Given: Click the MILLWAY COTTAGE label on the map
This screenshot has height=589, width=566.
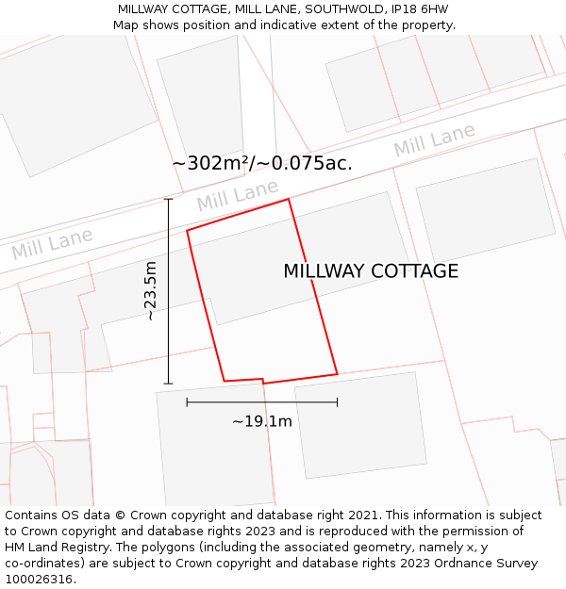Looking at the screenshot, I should [371, 271].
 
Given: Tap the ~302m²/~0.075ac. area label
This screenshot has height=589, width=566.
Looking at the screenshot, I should [262, 163].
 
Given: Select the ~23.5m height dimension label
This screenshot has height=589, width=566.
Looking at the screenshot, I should [151, 291].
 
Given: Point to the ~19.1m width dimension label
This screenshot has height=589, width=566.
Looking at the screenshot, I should [262, 421].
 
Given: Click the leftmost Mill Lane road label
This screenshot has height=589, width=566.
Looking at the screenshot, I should [52, 244].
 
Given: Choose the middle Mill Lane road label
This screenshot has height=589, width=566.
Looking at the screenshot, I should [238, 196].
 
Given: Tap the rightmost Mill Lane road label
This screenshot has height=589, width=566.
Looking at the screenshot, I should [435, 141].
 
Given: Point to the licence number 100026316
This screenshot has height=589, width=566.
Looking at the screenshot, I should [39, 580].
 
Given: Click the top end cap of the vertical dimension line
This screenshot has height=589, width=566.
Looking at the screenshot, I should [169, 199].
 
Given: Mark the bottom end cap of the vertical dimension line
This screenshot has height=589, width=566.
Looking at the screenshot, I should [169, 384].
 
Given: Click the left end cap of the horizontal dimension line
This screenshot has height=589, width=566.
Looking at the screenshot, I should [187, 402].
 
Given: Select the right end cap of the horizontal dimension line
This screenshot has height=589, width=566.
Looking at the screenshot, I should [337, 402].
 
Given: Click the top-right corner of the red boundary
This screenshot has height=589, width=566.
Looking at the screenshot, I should [288, 199].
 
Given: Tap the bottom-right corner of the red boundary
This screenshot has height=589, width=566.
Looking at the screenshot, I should [337, 374].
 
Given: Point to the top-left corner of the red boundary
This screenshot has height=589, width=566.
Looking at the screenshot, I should [187, 230].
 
